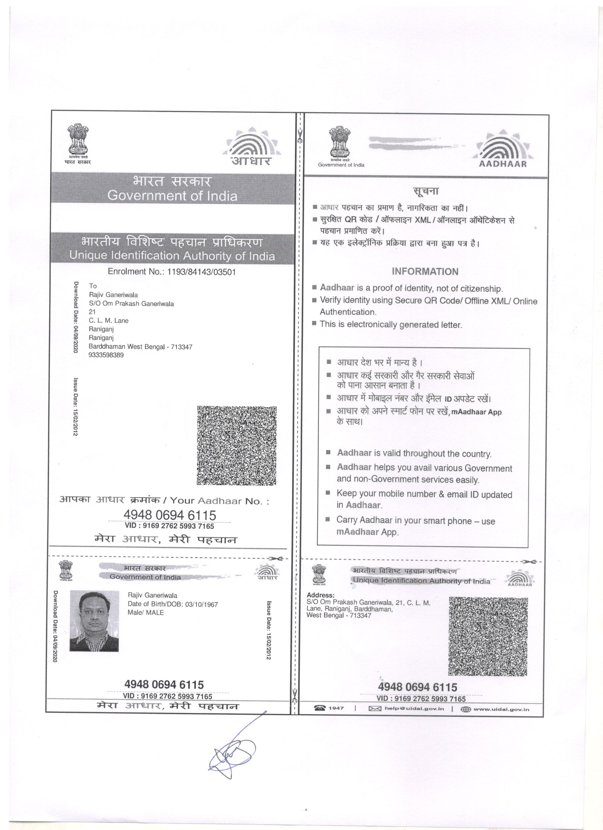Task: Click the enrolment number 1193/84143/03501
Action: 201,272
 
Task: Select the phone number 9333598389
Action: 106,355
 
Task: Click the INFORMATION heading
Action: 425,271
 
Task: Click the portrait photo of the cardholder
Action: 94,621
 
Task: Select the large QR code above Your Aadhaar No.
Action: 237,446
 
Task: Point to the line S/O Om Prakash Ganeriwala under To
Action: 131,304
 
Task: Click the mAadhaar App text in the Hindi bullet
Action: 476,412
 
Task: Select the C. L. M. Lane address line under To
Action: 109,321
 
